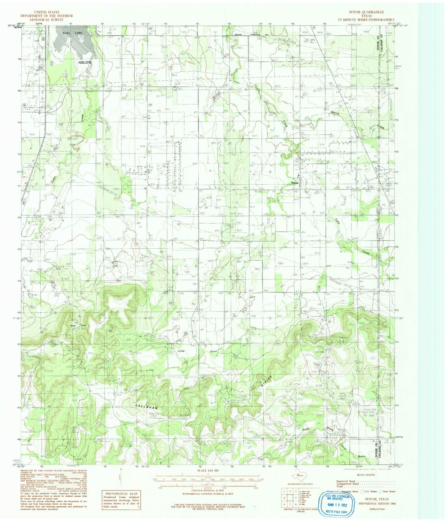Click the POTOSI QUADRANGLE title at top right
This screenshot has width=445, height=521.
pyautogui.click(x=366, y=12)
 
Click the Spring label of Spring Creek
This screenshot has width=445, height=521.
pyautogui.click(x=335, y=113)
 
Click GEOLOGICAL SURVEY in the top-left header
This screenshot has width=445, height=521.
pyautogui.click(x=47, y=19)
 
